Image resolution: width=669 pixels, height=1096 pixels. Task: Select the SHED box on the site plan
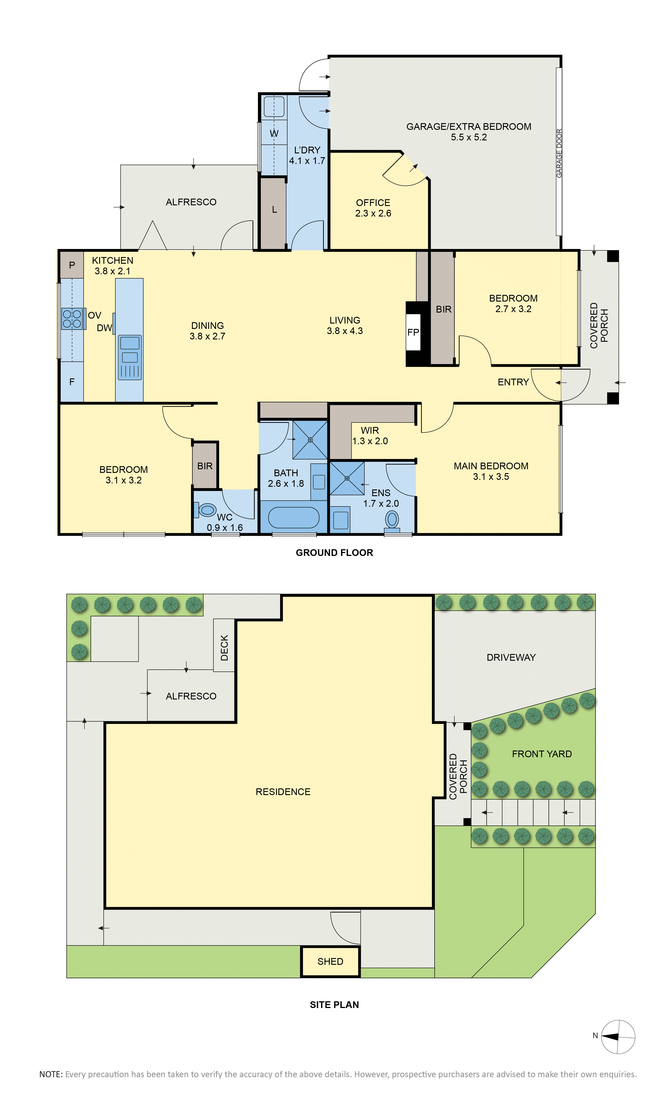[330, 962]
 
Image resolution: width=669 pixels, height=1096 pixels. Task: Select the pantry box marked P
[72, 265]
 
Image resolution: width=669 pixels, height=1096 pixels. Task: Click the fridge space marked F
[72, 382]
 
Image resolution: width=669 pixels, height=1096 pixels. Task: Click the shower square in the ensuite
[347, 478]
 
